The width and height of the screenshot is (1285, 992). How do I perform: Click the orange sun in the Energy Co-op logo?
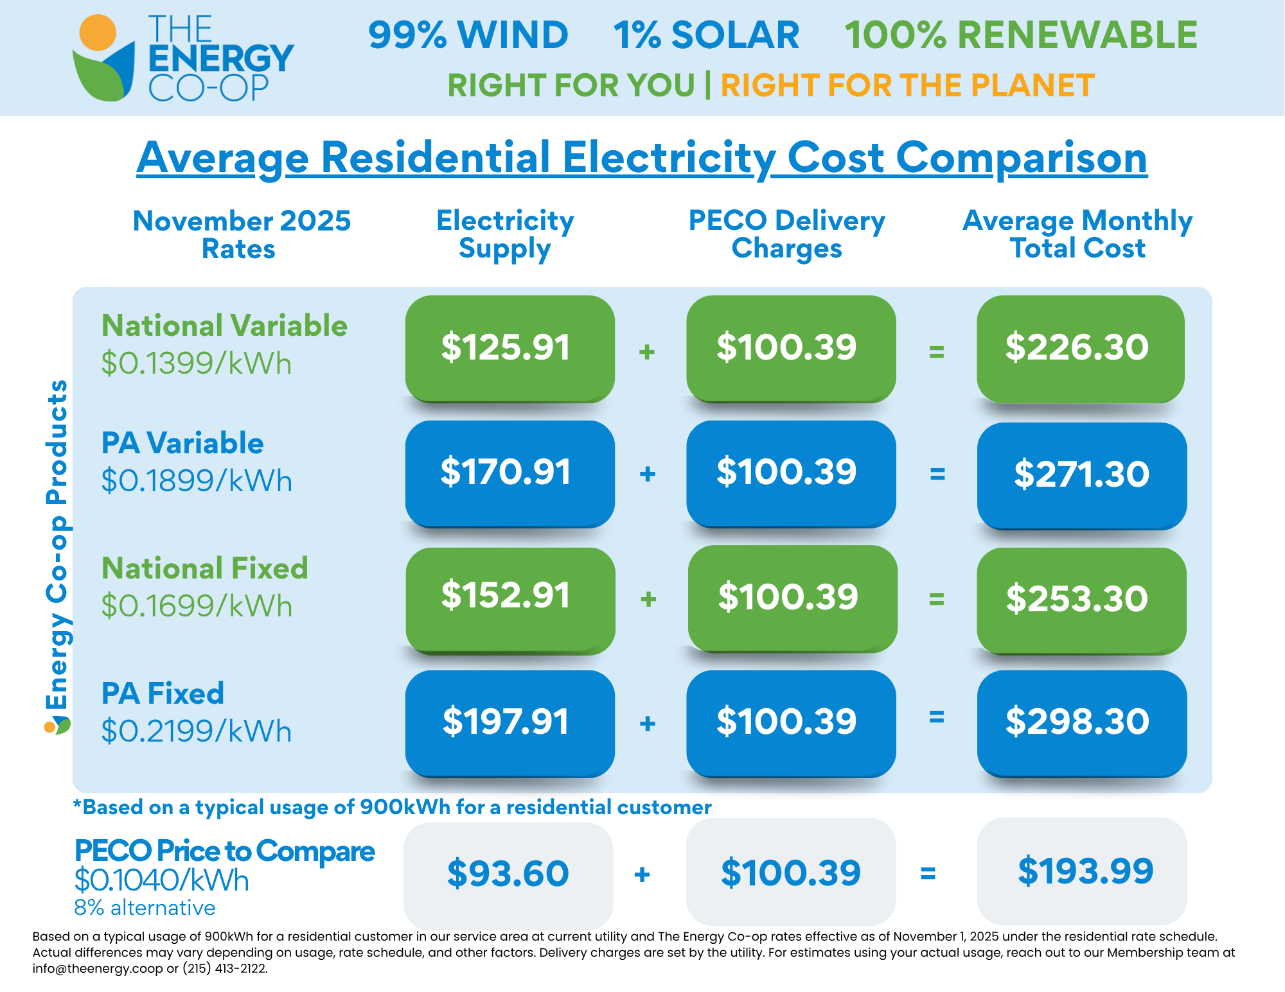click(x=98, y=32)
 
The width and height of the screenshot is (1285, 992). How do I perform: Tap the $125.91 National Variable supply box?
click(x=510, y=348)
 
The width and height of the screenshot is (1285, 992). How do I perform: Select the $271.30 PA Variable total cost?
click(x=1081, y=475)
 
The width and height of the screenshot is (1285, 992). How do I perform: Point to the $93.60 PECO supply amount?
click(x=508, y=873)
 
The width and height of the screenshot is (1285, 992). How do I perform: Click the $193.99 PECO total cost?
click(x=1085, y=871)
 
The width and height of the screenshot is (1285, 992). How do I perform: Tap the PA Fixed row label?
click(x=163, y=693)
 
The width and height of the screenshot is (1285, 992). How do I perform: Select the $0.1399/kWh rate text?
click(x=197, y=363)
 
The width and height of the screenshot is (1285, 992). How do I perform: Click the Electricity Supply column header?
click(x=505, y=234)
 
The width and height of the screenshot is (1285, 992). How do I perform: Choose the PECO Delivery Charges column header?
click(x=786, y=234)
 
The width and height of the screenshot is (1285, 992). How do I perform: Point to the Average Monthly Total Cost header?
click(x=1077, y=234)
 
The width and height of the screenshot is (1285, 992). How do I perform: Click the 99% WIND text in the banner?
click(x=468, y=35)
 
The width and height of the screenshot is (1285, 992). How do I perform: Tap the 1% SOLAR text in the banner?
click(x=706, y=35)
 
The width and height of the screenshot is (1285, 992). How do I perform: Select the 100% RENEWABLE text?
click(x=1020, y=35)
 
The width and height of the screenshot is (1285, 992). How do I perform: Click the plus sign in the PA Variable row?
click(x=648, y=474)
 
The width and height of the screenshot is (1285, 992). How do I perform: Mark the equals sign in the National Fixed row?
click(x=937, y=599)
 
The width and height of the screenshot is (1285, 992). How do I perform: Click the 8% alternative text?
click(x=145, y=908)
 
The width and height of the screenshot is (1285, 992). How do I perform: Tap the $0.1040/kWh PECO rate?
click(x=161, y=880)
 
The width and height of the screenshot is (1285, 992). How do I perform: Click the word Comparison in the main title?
click(x=1021, y=158)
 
